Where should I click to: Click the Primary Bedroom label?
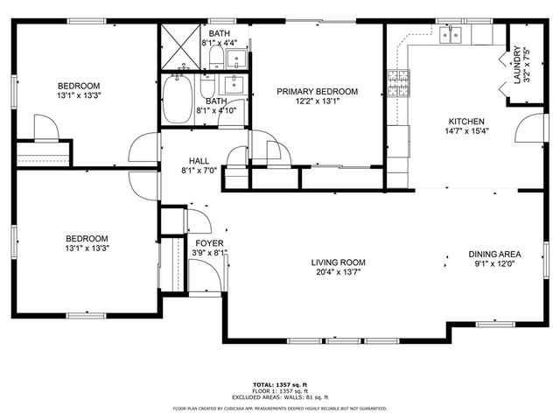coord(318,92)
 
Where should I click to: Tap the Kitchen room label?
coord(466,122)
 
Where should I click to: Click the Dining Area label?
coord(494,253)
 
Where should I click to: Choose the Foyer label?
coord(208,243)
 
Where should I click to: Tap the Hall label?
coord(199,161)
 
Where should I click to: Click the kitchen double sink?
coord(451,35)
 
